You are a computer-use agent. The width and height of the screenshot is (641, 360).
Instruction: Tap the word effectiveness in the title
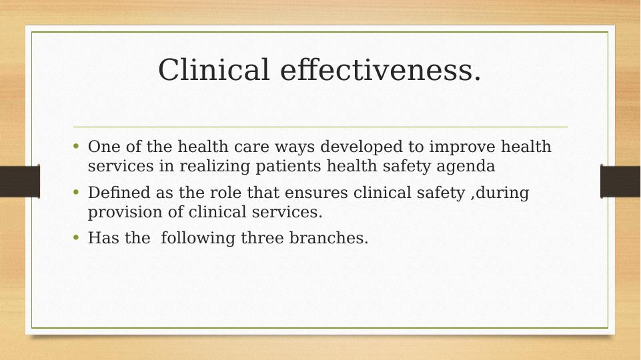(x=380, y=71)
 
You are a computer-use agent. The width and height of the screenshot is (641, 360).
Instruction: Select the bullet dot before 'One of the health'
(x=77, y=146)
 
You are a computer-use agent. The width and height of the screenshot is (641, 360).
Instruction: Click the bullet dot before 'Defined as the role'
(x=77, y=193)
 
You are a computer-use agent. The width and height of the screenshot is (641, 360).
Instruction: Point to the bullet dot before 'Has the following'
(x=77, y=238)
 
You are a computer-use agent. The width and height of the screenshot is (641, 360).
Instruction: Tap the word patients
(x=290, y=166)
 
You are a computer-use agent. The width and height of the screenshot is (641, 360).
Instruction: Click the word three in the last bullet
(x=262, y=239)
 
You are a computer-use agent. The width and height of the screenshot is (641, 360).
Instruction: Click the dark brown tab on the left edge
(x=19, y=181)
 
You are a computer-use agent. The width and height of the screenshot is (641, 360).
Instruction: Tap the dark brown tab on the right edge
(x=620, y=181)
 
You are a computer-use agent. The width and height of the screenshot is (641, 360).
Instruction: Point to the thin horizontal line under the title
(x=320, y=127)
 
